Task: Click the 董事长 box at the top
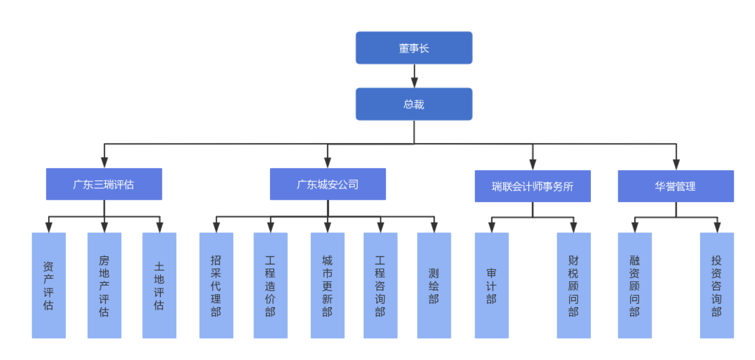point(414,48)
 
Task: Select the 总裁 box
point(414,104)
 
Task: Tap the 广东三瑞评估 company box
point(104,184)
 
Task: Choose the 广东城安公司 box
point(327,184)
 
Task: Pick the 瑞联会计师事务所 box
point(533,186)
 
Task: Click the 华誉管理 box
point(675,186)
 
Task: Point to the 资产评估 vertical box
point(49,285)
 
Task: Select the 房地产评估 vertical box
point(104,285)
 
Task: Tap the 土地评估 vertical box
point(159,285)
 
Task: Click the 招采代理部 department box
point(216,285)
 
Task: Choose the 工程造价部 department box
point(271,285)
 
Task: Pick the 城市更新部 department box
point(327,285)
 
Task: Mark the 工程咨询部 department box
point(380,285)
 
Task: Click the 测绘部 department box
point(434,285)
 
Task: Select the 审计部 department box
point(491,285)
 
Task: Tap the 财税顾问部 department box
point(574,285)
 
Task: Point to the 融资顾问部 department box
point(634,285)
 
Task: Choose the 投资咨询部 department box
point(717,285)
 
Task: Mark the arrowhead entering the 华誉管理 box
point(676,164)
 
